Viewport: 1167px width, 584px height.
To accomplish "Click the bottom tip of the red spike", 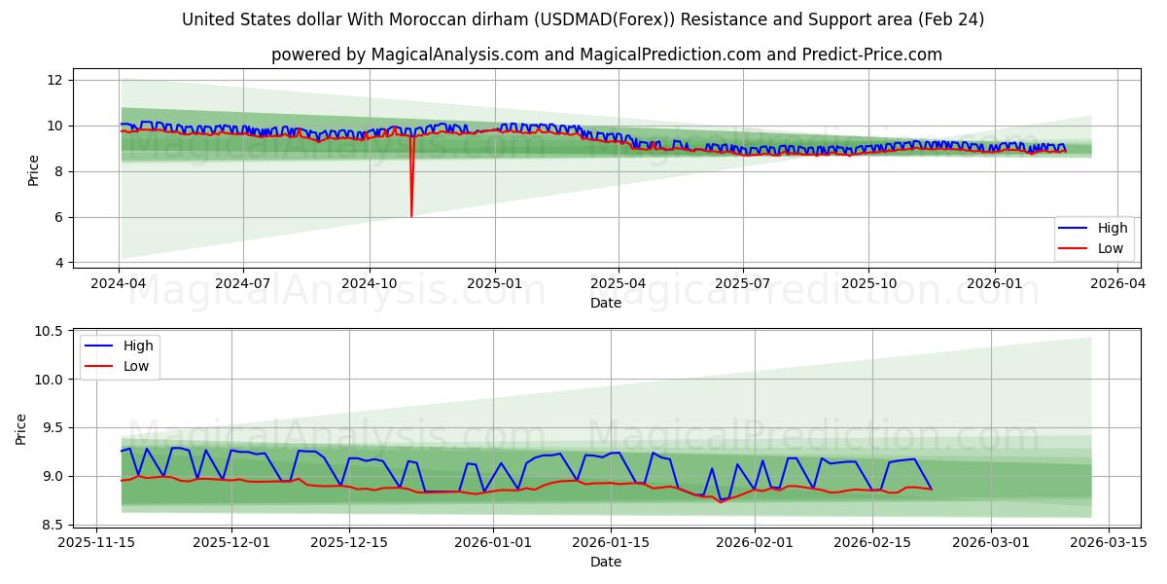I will pos(411,216).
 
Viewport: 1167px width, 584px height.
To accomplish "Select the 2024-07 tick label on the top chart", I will pos(243,282).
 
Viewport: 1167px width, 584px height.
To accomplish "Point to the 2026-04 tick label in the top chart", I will pos(1117,282).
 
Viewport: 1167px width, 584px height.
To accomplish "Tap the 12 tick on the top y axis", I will pos(54,80).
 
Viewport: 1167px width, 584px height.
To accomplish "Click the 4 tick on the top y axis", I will pos(58,263).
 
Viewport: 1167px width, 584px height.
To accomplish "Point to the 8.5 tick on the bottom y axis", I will pos(52,525).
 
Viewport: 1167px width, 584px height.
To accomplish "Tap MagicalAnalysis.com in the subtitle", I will pos(455,55).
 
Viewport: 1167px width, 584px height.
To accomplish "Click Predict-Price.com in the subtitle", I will pos(878,55).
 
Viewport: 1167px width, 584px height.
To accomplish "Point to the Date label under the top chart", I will pos(605,303).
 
